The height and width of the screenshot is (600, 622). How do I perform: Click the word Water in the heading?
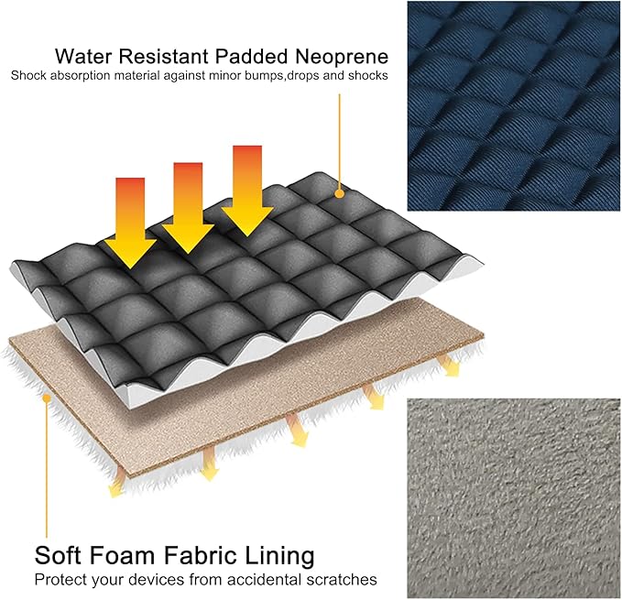(83, 56)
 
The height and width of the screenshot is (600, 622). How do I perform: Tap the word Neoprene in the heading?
(342, 57)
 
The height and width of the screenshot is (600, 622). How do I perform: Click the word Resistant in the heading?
(163, 56)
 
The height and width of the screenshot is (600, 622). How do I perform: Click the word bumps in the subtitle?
(264, 75)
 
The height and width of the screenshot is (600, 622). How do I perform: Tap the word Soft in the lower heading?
(58, 555)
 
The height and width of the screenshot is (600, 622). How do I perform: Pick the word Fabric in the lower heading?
(199, 555)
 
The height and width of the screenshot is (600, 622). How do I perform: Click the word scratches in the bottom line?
(342, 580)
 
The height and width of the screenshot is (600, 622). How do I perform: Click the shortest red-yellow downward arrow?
(130, 224)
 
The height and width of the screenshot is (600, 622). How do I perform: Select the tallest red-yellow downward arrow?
(247, 191)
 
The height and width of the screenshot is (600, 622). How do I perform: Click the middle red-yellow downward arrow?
(188, 208)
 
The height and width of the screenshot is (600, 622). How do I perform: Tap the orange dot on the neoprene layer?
(339, 193)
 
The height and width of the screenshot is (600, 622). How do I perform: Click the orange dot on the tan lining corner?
(47, 398)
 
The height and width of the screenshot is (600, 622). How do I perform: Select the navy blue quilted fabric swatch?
(513, 105)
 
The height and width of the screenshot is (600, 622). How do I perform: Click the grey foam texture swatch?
(513, 498)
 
